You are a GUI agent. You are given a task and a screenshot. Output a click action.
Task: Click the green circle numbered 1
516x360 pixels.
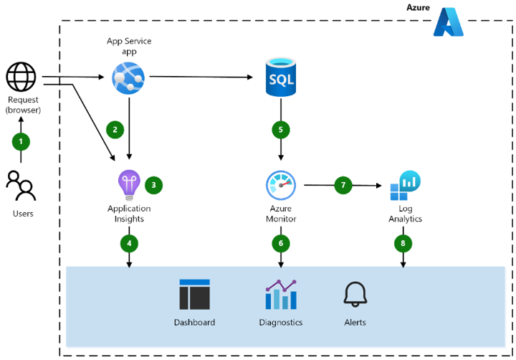point(21,141)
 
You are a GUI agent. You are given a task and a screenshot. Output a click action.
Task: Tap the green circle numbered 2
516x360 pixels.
point(114,129)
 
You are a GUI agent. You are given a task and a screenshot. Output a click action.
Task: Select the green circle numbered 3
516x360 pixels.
point(153,185)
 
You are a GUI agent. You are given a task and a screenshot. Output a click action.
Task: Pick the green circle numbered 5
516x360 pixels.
point(280,130)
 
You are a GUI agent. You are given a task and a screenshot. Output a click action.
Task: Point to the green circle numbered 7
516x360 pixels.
point(343,185)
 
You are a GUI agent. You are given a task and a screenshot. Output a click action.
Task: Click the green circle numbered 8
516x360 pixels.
point(403,244)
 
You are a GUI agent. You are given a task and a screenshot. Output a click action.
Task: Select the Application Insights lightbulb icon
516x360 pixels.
point(129,185)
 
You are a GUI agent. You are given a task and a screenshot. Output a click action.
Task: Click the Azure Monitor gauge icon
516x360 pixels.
point(280,186)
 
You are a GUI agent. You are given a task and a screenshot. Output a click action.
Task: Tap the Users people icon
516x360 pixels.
point(21,186)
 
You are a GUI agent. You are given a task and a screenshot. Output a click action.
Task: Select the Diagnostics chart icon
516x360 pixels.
point(280,295)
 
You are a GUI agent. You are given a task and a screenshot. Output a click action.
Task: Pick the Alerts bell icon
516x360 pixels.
point(355,294)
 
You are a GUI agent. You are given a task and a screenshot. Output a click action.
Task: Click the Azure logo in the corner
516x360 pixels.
point(449,22)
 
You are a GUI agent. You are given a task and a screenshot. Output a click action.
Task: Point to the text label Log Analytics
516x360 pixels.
point(405,214)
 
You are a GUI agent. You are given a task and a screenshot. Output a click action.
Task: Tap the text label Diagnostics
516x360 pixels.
point(280,323)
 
